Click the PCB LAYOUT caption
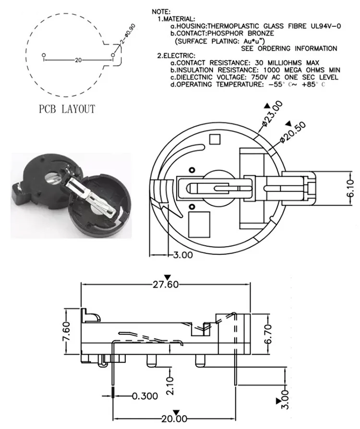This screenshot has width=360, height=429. (x=67, y=109)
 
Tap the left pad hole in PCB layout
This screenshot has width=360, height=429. (x=44, y=55)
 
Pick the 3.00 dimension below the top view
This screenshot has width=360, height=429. (x=183, y=255)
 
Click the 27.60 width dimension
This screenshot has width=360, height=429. (x=166, y=284)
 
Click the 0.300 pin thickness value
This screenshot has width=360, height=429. (x=144, y=396)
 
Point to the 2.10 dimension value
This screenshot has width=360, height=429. (x=168, y=384)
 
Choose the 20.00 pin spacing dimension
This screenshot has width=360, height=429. (x=174, y=418)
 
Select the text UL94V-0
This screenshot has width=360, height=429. (x=321, y=26)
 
